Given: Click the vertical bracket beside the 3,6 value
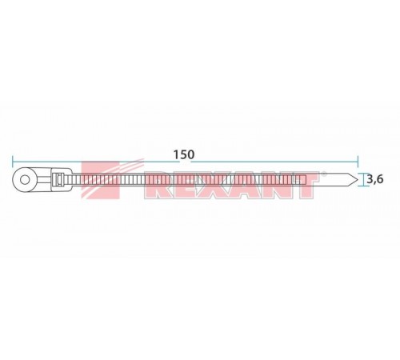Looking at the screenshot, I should tap(361, 180).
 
